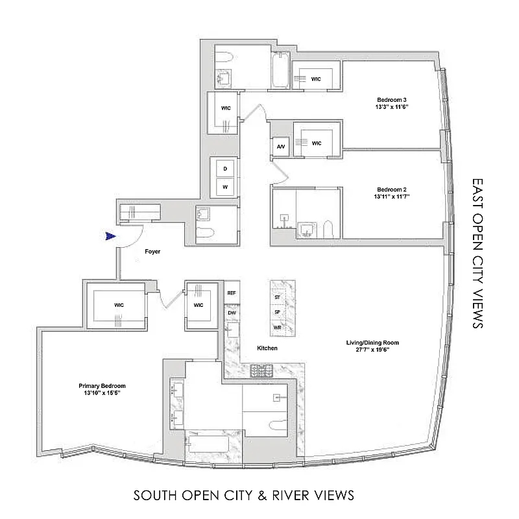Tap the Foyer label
click(152, 251)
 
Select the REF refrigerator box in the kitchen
click(231, 293)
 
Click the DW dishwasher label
click(231, 313)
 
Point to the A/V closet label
click(281, 147)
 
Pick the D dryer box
click(225, 168)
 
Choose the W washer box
click(225, 186)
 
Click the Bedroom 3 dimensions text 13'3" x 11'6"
click(391, 106)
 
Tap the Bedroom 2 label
click(391, 189)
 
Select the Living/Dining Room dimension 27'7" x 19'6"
click(372, 350)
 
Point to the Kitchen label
click(267, 348)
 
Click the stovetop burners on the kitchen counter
click(263, 371)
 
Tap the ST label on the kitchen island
click(278, 296)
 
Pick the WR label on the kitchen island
click(278, 328)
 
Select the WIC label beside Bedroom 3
click(316, 78)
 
